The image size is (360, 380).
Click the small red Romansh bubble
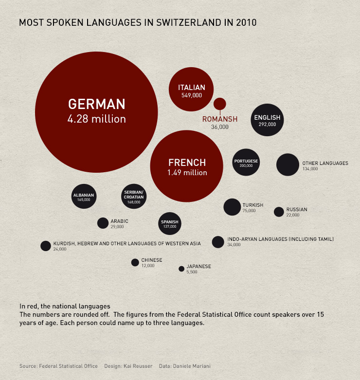tap(220, 104)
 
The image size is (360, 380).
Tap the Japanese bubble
tap(181, 269)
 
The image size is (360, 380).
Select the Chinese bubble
tap(135, 262)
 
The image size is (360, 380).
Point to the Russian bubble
tap(279, 212)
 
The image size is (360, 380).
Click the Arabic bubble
tap(103, 223)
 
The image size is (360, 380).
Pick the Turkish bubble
tap(232, 207)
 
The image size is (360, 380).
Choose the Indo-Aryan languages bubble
tap(218, 242)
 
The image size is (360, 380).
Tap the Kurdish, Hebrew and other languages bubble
tap(46, 246)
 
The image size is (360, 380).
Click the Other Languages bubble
tap(288, 164)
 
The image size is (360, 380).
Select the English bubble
tap(267, 120)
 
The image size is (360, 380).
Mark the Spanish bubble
tap(170, 224)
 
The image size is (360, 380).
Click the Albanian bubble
tap(84, 197)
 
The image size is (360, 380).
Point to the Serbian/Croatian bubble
tap(134, 197)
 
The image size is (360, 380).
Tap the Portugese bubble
tap(246, 163)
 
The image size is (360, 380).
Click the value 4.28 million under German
tap(96, 119)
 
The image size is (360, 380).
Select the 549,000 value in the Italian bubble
tap(191, 95)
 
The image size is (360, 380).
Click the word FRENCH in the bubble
tap(187, 163)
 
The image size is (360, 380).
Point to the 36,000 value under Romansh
tap(220, 127)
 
